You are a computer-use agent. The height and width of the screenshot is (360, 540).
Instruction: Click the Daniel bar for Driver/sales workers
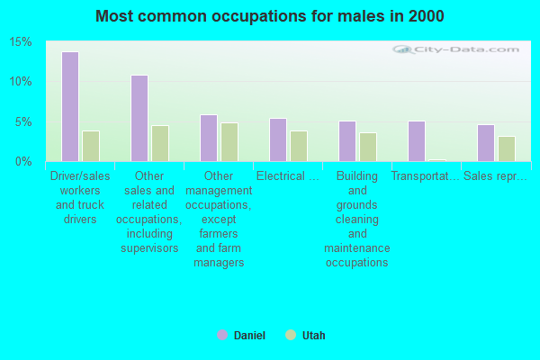point(69,106)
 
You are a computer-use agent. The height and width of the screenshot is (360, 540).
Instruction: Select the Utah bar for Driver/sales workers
point(90,146)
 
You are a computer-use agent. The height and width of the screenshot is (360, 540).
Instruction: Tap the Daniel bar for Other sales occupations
point(139,118)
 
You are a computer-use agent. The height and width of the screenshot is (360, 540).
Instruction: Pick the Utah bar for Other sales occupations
point(159,143)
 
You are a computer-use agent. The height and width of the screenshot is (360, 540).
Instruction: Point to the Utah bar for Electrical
point(299,146)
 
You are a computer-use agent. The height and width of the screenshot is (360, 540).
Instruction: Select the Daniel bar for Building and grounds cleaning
point(347,140)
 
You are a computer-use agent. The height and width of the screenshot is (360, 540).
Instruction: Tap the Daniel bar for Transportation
point(416,140)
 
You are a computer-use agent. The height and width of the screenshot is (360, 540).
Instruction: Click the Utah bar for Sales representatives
point(507,148)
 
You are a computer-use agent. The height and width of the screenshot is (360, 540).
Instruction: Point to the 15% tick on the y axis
point(20,42)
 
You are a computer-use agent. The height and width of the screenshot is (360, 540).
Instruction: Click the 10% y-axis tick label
point(20,82)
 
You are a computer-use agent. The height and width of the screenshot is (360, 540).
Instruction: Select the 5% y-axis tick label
point(22,121)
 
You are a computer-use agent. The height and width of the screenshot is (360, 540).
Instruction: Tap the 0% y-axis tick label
point(22,161)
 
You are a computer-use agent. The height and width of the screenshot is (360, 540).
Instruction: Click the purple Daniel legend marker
point(222,335)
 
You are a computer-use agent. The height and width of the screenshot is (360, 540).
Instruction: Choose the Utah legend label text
point(313,336)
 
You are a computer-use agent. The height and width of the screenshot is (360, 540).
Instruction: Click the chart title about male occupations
point(270,16)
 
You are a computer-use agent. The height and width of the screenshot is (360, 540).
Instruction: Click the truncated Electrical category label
point(287,176)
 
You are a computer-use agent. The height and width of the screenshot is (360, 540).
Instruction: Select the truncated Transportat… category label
point(426,176)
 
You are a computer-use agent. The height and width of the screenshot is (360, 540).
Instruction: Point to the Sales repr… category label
point(495,176)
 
